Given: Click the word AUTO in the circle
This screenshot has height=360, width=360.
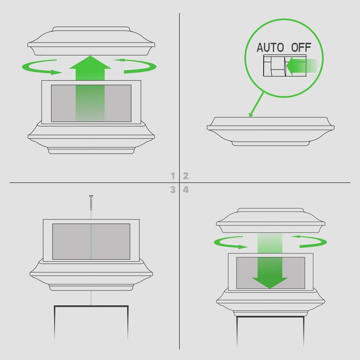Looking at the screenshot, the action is point(270,47).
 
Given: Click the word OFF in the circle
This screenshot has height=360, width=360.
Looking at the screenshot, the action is point(301,47).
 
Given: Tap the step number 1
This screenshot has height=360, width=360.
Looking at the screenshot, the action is point(173,176).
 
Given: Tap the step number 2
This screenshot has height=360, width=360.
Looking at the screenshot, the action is point(186,176).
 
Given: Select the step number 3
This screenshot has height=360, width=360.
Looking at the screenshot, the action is point(173,190).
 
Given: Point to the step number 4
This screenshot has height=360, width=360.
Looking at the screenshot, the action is point(186,190).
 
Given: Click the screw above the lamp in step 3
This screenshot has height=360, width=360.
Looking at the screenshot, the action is point(91,203).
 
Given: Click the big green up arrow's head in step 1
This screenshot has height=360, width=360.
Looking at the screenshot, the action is point(90,62).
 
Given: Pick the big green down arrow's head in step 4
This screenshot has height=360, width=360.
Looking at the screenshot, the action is point(270,283).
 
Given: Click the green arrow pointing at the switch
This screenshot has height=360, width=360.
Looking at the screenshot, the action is point(301,66).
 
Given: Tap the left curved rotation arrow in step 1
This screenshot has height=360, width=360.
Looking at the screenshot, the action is point(41,67).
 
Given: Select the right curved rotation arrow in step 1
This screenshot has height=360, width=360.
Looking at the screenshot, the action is point(136,66).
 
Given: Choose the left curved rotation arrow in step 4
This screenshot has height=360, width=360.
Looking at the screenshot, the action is point(230,243).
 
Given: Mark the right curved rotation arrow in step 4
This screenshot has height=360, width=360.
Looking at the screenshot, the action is point(310,242).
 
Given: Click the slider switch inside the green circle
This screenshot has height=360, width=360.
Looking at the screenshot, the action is point(285,65).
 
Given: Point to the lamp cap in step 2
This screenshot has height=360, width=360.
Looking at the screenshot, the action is point(271,131).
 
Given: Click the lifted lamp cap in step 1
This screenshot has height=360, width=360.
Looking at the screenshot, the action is point(91,41).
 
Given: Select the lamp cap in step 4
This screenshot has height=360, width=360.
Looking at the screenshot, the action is point(271,221).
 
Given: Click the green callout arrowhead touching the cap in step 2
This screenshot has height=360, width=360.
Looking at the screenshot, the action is point(251,115).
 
